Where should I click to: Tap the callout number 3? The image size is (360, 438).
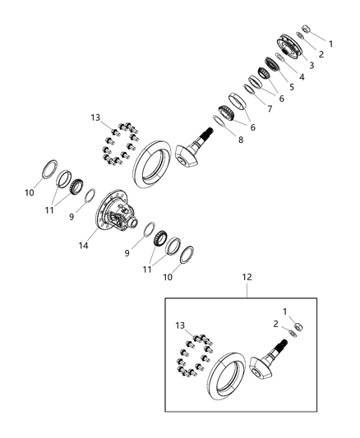[312, 65]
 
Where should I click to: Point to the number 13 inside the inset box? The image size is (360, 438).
[180, 325]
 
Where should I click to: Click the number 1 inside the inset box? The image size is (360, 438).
[287, 311]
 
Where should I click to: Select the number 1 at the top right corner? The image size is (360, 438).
[331, 43]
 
